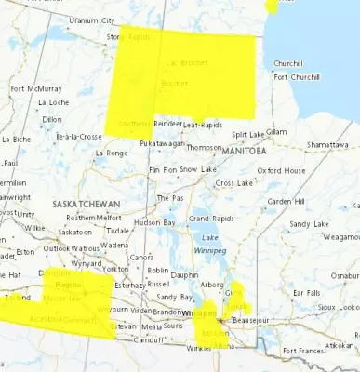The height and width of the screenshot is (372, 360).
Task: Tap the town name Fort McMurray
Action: pos(31,89)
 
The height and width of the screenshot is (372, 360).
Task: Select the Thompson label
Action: pos(204,147)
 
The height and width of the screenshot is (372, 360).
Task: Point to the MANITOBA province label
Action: pos(244,151)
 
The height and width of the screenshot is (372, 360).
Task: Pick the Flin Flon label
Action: pos(163,170)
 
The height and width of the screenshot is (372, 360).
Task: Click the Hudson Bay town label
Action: pos(154,223)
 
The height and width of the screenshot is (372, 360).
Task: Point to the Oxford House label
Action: pos(281,171)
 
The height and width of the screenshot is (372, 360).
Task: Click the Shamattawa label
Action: pos(328,145)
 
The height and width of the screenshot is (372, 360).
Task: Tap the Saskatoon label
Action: pos(74,232)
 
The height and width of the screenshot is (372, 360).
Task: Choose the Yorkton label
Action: pos(114,269)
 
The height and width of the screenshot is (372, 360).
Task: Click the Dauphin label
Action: pos(185,275)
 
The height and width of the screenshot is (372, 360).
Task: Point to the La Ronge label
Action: pos(112,153)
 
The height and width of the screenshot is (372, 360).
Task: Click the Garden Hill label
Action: pos(282,202)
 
